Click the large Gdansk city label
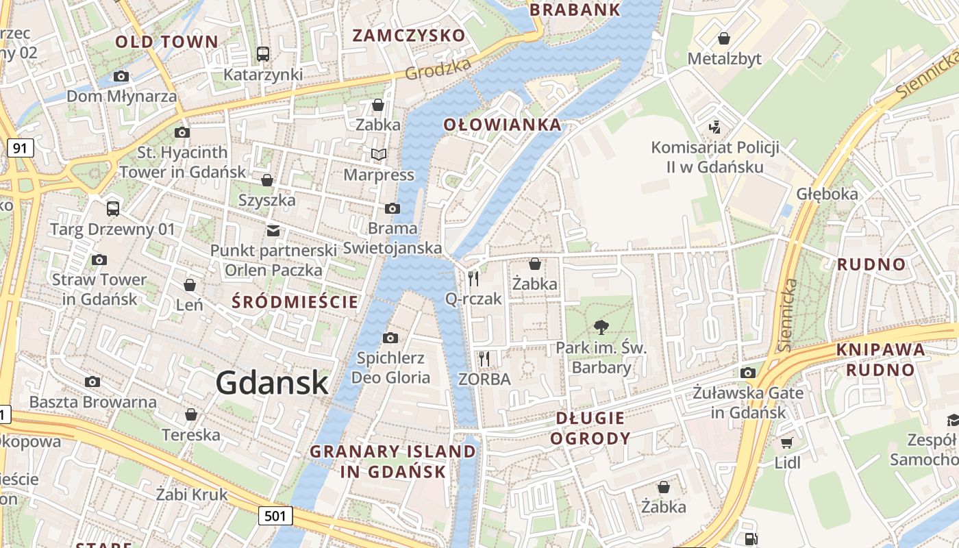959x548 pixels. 273,382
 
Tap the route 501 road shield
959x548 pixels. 276,516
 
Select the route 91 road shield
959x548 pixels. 21,148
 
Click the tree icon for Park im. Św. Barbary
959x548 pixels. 601,327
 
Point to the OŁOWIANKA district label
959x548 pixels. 502,125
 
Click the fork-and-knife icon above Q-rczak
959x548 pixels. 473,278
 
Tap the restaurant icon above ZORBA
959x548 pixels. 484,358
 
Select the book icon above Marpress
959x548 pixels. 379,155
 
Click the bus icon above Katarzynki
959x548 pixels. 263,53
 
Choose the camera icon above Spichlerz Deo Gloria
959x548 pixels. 390,338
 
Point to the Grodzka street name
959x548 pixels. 438,68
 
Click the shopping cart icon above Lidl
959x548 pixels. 787,443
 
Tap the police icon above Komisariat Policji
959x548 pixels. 715,127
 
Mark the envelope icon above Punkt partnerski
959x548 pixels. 273,230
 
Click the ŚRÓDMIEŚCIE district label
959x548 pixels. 295,301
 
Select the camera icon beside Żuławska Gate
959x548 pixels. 748,373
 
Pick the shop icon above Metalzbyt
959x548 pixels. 724,38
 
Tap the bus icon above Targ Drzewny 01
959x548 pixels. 113,208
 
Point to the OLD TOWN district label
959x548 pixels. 166,42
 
